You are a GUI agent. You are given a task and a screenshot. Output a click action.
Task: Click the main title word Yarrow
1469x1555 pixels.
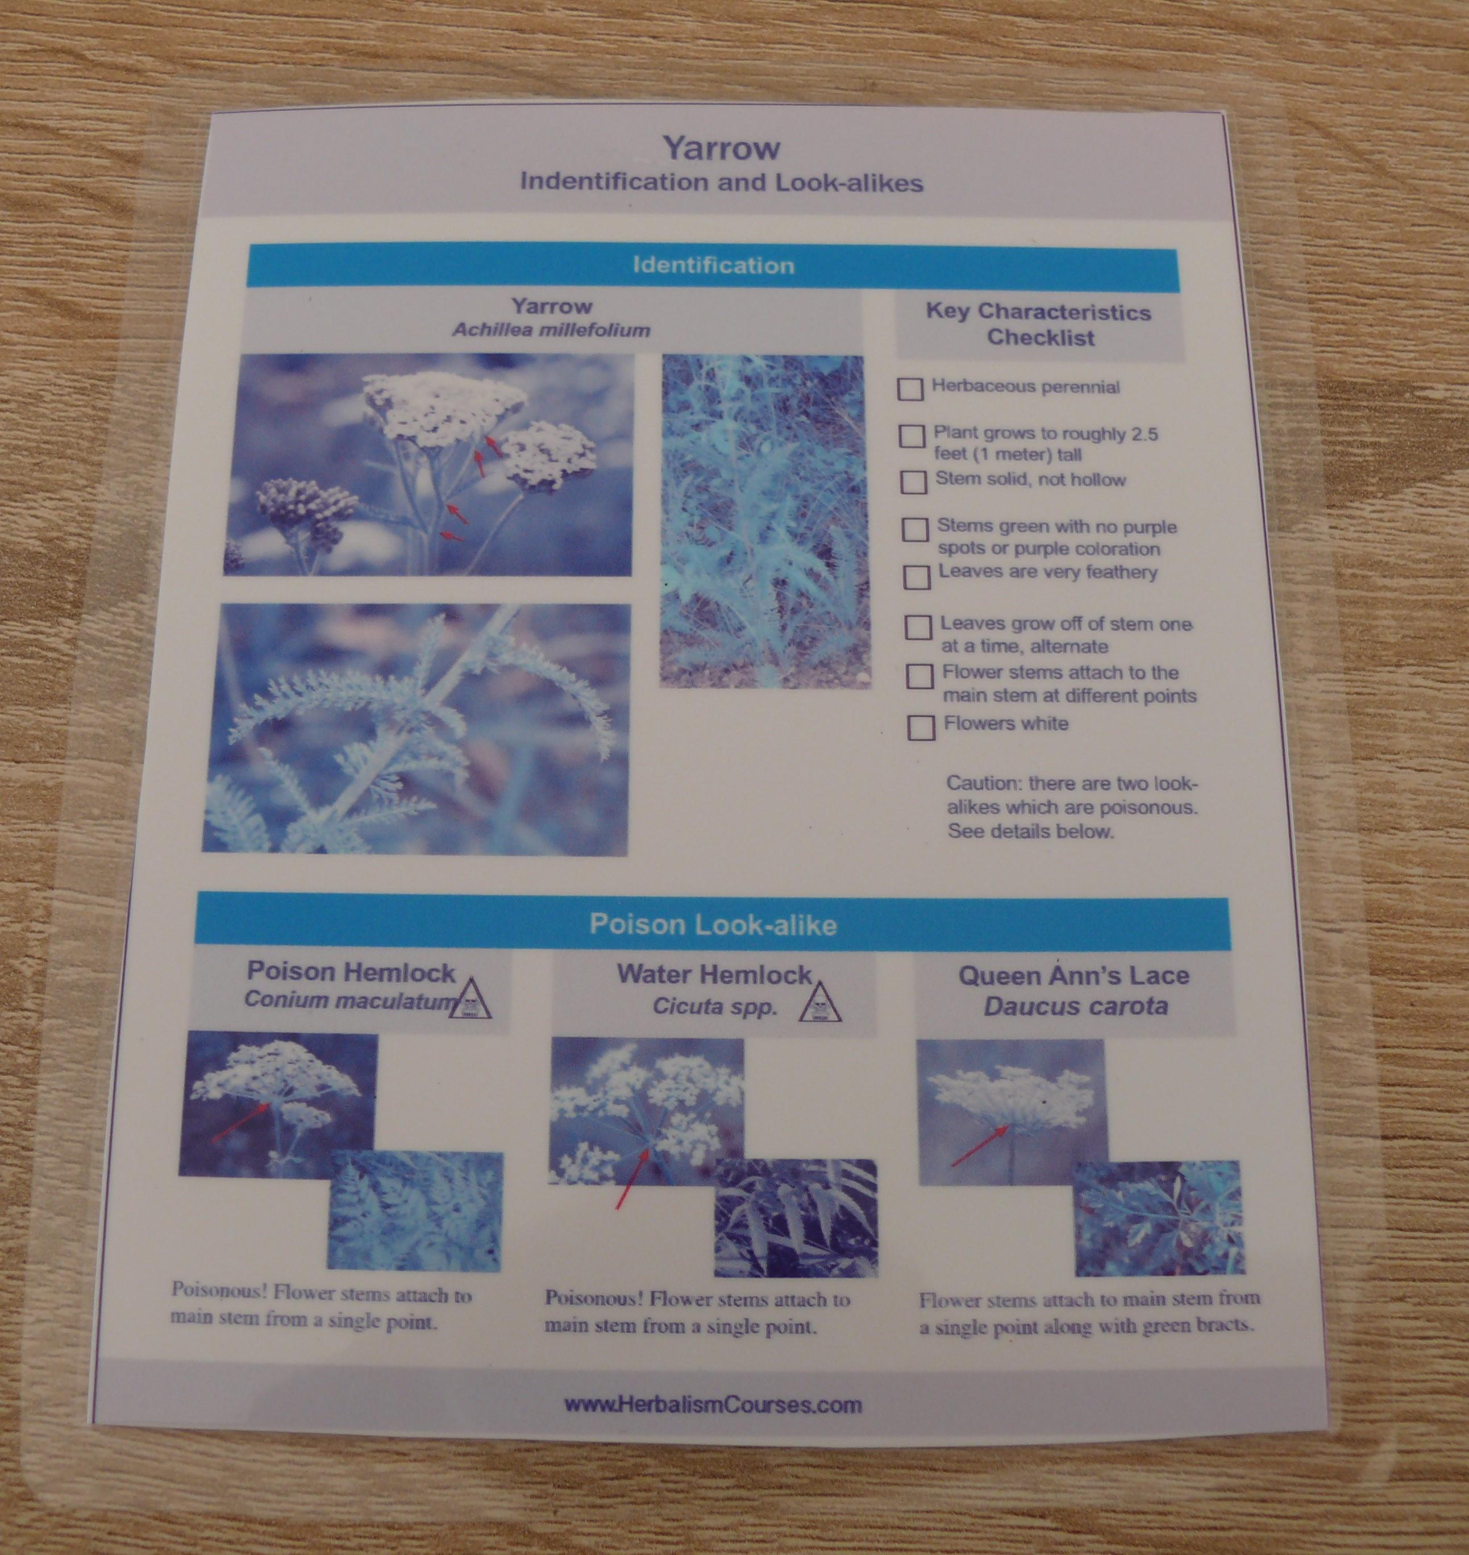point(722,147)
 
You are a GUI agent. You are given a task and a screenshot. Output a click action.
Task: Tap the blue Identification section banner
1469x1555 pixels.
point(713,266)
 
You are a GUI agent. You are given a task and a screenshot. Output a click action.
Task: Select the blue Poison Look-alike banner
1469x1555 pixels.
point(713,925)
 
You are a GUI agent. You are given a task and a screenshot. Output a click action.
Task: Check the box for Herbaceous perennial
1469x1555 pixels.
point(910,389)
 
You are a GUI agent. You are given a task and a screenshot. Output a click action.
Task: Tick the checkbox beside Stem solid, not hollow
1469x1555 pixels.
point(913,483)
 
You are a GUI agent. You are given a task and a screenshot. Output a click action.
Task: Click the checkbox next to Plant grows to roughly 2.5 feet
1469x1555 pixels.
point(912,436)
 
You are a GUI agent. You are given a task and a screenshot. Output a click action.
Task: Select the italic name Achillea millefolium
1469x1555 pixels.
point(551,330)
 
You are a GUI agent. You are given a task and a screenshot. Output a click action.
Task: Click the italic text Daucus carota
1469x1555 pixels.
point(1075,1006)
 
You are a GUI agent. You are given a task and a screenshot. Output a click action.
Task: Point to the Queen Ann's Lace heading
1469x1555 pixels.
point(1073,976)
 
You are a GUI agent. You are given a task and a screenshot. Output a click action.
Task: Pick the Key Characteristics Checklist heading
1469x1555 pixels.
point(1039,324)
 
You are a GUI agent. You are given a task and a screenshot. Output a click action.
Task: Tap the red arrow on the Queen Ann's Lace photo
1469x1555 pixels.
point(979,1147)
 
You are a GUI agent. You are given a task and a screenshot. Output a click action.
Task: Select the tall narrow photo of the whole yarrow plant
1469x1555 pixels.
point(763,522)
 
